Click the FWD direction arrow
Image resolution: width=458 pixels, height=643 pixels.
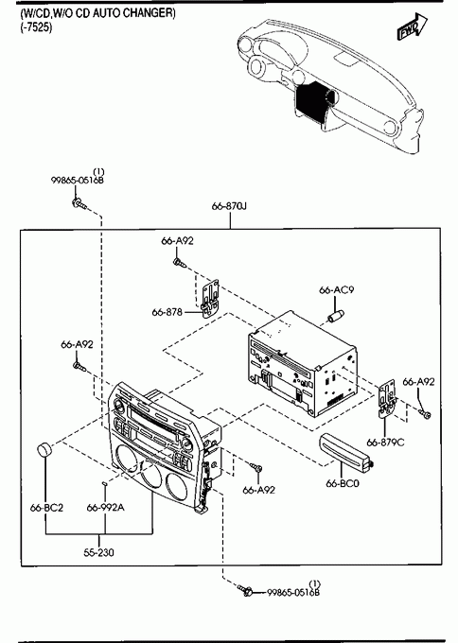click(412, 26)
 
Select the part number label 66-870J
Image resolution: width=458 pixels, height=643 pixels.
click(229, 206)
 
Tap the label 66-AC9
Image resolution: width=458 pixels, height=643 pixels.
click(337, 290)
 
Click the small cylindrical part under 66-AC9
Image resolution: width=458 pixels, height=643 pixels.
click(335, 316)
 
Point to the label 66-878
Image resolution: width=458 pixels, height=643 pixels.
click(167, 312)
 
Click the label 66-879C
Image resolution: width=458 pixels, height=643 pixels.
click(385, 443)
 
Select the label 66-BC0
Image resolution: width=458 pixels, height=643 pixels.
click(343, 483)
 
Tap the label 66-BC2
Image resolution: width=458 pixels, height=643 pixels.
click(46, 508)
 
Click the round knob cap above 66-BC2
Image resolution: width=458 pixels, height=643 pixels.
click(45, 449)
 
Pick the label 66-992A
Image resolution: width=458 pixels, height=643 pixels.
click(105, 508)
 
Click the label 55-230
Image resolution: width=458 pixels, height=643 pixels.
click(99, 553)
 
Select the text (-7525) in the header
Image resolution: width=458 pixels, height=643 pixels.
click(37, 28)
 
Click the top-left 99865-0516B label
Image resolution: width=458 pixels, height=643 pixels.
click(78, 180)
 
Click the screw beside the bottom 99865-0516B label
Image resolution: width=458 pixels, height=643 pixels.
click(246, 590)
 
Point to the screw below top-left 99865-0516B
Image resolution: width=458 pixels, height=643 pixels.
click(79, 203)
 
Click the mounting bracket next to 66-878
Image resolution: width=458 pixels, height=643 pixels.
click(211, 299)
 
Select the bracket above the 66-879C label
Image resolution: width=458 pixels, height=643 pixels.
click(388, 398)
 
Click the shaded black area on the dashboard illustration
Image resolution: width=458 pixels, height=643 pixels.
click(314, 101)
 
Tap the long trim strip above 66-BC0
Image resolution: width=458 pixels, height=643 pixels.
click(344, 450)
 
